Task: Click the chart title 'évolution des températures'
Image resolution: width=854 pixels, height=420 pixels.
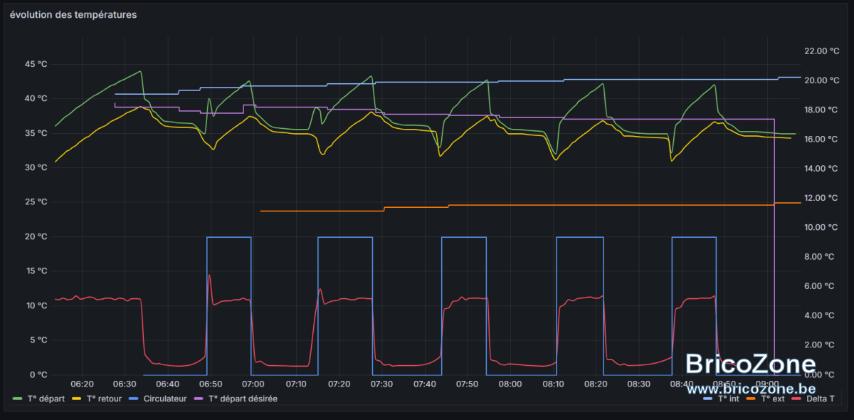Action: [73, 15]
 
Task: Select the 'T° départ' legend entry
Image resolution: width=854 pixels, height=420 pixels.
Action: [38, 399]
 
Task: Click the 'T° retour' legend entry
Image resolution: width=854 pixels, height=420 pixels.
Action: [97, 399]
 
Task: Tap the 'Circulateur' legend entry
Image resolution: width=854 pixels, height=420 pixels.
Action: [158, 399]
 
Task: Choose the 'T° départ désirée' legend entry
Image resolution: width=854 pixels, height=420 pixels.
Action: [236, 399]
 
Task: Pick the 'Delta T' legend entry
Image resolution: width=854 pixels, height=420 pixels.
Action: [813, 399]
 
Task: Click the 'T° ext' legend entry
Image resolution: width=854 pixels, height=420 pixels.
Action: [766, 399]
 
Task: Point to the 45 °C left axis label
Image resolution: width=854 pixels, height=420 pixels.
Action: [36, 64]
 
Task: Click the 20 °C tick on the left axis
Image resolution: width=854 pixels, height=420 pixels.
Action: [36, 236]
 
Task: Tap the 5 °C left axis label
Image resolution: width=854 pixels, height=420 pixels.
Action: [38, 340]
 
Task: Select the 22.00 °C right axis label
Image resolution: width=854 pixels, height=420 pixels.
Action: [821, 51]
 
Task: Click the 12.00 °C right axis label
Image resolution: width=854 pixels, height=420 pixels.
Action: [821, 198]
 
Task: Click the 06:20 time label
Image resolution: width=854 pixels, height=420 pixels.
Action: [82, 384]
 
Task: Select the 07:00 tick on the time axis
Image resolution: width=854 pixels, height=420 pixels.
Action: [253, 384]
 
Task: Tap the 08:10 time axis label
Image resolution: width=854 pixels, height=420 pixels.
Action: [553, 384]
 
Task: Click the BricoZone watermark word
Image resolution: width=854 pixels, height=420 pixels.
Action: [750, 364]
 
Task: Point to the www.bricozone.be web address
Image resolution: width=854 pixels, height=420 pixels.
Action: [751, 389]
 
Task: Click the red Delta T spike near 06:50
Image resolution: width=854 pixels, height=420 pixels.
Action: [209, 275]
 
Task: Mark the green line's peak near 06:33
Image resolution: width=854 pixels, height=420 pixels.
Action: [141, 71]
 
